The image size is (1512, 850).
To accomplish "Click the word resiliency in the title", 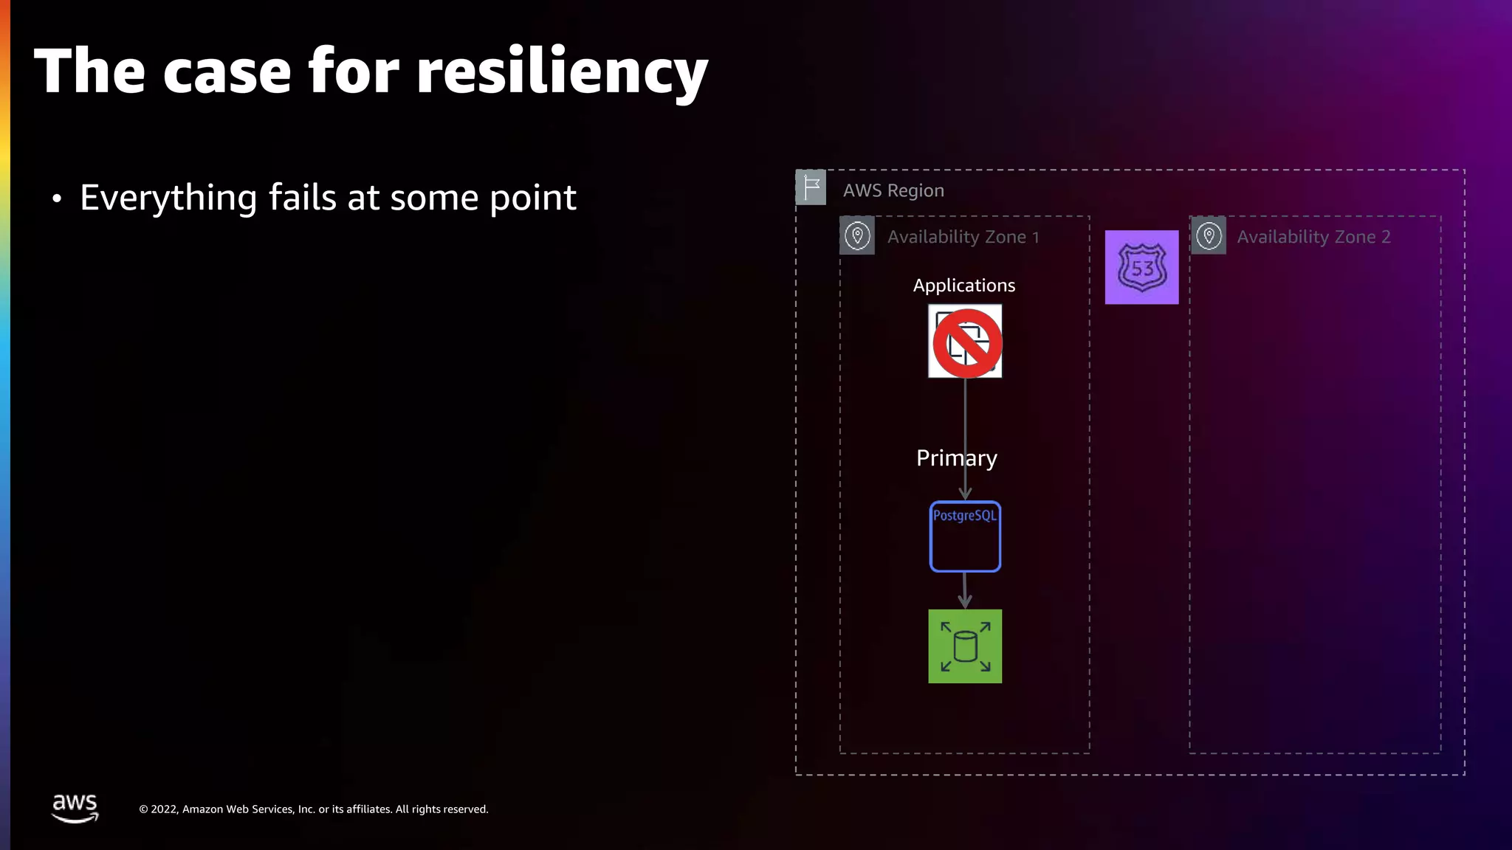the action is coord(562,72).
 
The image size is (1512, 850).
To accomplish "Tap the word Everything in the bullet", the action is coord(168,198).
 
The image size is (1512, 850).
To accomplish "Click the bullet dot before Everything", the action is coord(57,198).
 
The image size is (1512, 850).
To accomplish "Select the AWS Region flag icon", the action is coord(811,187).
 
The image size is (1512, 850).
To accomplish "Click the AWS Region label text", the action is coord(893,190).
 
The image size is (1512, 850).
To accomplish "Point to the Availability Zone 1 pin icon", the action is coord(857,236).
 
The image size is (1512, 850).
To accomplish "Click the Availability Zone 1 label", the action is coord(963,237).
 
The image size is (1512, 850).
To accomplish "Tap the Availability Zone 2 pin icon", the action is coord(1209,236).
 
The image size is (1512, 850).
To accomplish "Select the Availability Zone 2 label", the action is coord(1313,237).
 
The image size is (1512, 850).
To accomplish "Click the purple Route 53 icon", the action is coord(1141,267).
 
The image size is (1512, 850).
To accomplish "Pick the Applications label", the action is coord(963,286).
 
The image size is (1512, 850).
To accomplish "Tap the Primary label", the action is coord(956,458).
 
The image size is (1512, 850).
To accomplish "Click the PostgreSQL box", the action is coord(965,536).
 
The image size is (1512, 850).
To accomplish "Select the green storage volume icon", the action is coord(965,646).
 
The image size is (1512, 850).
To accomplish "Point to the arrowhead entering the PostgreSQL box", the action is coord(965,494).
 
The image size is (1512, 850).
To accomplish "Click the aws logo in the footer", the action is coord(75,808).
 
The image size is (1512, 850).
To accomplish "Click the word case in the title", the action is coord(227,72).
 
